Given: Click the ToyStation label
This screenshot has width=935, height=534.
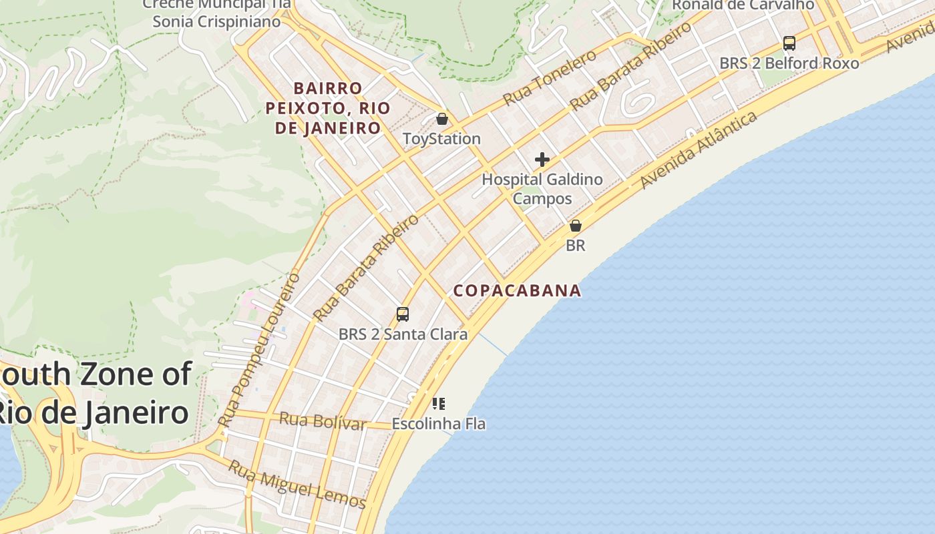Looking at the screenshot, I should tap(441, 139).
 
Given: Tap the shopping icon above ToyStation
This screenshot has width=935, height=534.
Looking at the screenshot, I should tap(441, 119).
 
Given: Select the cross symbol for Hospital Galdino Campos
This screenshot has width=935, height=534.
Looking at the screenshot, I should tap(542, 160).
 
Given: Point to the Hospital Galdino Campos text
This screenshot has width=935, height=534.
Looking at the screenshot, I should tap(542, 189).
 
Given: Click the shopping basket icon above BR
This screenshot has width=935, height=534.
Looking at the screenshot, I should tap(575, 226).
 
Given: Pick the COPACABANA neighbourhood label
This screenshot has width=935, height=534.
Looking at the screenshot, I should tap(517, 291).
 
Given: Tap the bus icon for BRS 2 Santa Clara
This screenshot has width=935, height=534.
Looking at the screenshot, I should tap(402, 314).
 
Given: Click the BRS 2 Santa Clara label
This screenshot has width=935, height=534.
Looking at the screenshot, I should tap(403, 334).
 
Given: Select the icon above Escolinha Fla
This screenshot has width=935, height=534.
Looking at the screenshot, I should tap(438, 403).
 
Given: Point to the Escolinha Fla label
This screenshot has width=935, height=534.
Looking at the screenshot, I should tap(438, 424).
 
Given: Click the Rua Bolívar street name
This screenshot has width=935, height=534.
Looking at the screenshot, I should tap(322, 421).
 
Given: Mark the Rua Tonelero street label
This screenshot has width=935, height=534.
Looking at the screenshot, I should tap(549, 77).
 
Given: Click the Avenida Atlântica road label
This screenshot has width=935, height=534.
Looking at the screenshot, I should tap(699, 150).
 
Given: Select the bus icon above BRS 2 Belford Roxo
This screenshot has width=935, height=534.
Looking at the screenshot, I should tap(789, 43).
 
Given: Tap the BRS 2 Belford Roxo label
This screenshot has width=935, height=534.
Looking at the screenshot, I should tap(789, 63).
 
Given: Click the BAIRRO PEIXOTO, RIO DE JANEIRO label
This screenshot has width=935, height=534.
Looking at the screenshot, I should tap(328, 108).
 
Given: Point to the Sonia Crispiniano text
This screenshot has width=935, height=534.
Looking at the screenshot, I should tap(216, 21).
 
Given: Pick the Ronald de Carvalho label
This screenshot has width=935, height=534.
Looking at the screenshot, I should tap(743, 5).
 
